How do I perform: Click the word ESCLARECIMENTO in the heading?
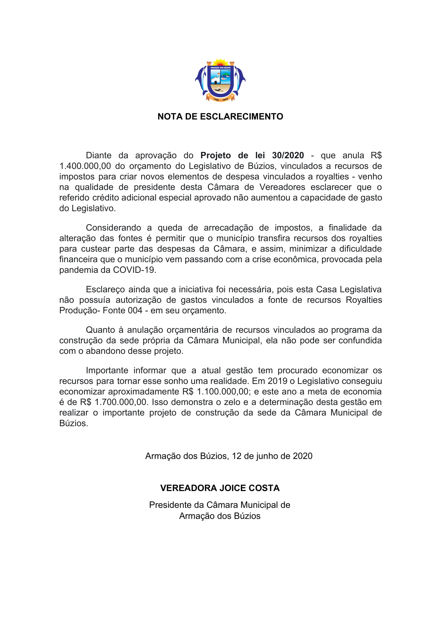(x=242, y=117)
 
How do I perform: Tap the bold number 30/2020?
(x=288, y=155)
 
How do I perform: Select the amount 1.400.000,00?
(x=85, y=166)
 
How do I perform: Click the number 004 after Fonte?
(x=135, y=310)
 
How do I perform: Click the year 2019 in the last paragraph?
(x=277, y=381)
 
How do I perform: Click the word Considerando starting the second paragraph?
(x=113, y=228)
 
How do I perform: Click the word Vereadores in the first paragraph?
(x=282, y=187)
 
